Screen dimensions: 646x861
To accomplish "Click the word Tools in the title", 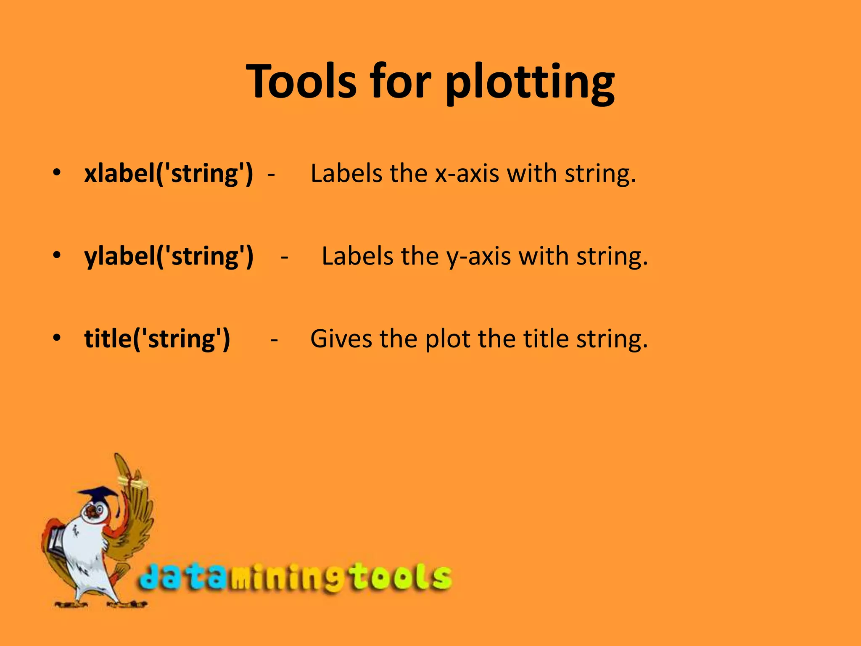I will [x=301, y=81].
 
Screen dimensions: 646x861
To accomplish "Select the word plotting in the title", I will [x=530, y=82].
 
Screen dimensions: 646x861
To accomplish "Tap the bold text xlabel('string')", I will [x=169, y=173].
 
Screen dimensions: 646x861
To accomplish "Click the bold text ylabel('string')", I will [x=169, y=256].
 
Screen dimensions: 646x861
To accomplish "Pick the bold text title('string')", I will [x=157, y=339].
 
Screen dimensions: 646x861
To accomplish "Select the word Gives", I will [x=341, y=339].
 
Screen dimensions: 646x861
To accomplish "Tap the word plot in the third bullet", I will [x=447, y=339].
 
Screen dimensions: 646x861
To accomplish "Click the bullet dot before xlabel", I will [x=57, y=172].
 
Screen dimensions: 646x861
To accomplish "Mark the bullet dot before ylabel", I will [x=57, y=255].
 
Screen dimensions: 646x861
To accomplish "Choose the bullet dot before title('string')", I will [x=57, y=338].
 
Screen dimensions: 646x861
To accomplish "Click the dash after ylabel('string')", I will [x=285, y=257].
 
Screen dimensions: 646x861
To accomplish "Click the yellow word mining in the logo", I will [x=286, y=579].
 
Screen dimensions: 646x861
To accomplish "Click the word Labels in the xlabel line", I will [x=346, y=173].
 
